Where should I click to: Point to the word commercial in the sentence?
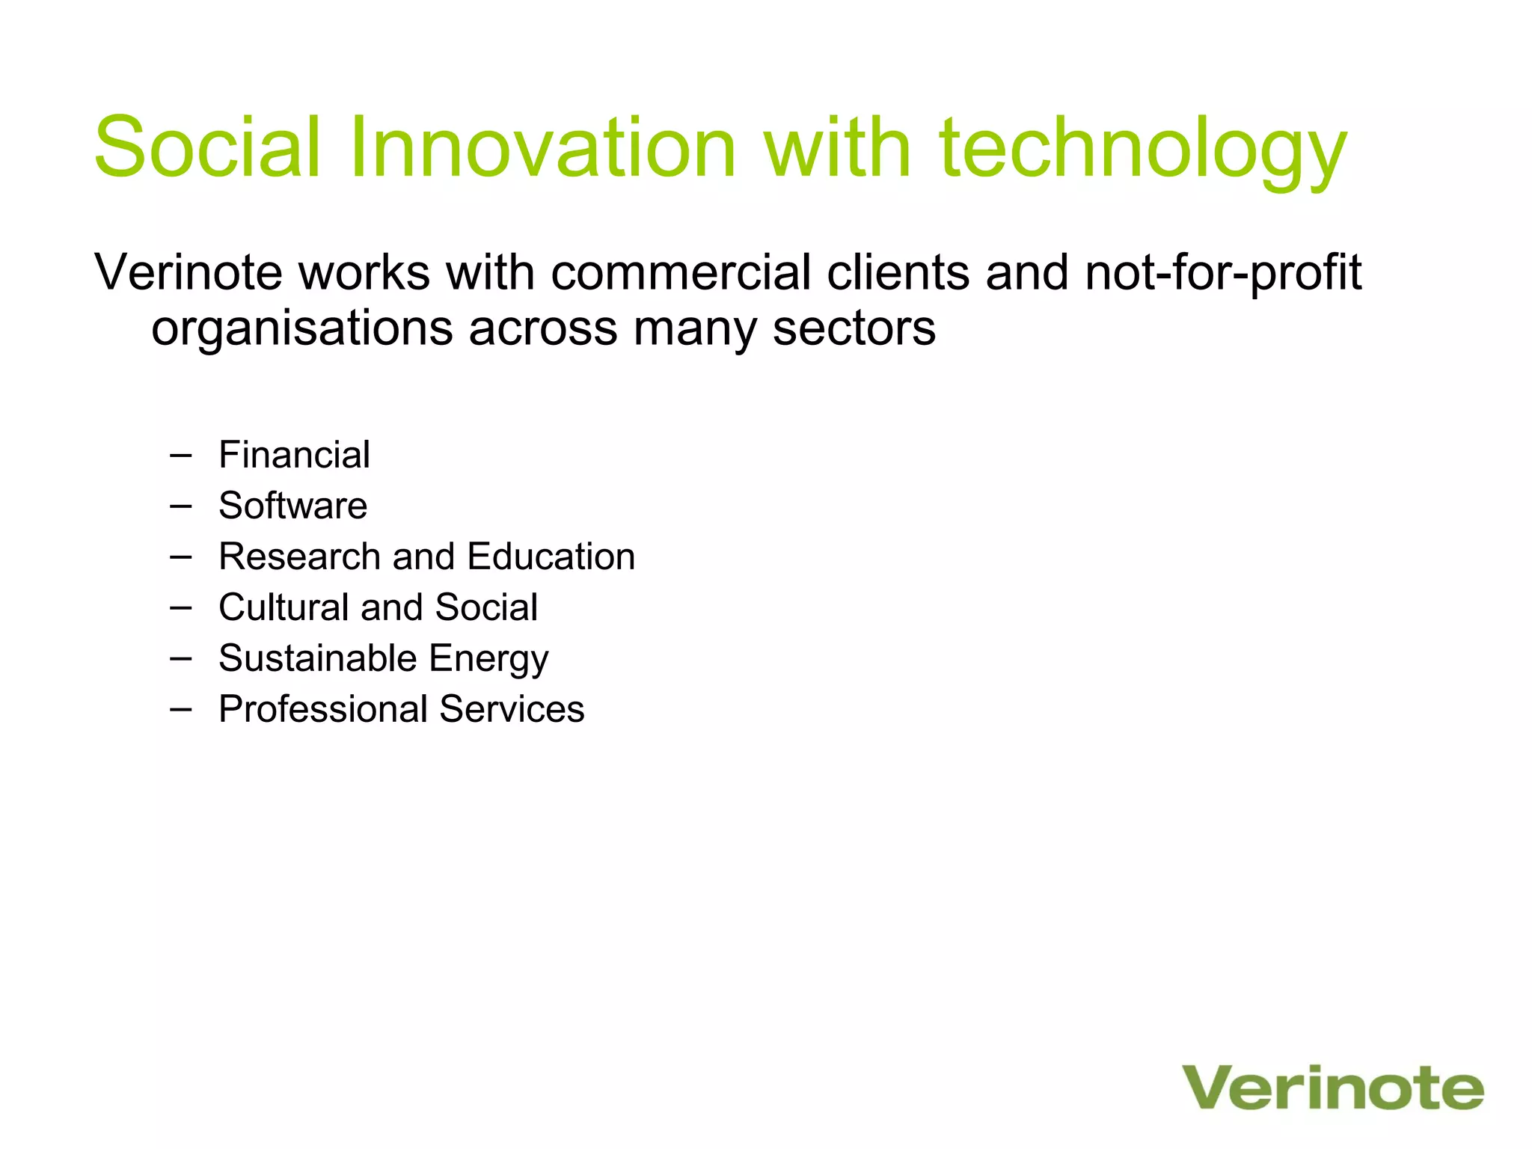(681, 272)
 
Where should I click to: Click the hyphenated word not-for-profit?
(1223, 274)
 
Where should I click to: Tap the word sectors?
(854, 329)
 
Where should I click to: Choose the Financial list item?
(294, 455)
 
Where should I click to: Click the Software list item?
(292, 506)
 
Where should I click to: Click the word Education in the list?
(551, 557)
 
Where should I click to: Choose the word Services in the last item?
(512, 709)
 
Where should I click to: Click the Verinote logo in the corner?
(1332, 1088)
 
